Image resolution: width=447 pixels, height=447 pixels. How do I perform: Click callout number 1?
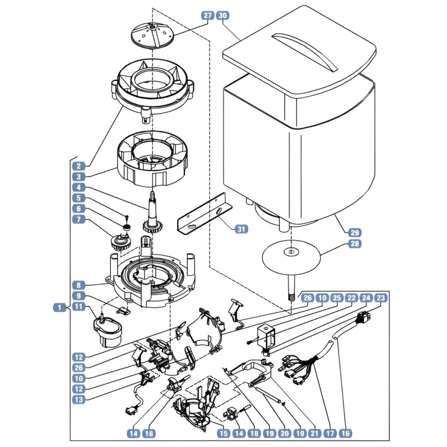click(59, 307)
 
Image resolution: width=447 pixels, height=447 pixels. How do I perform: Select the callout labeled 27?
click(207, 16)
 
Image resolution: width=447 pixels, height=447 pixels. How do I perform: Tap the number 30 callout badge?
click(222, 16)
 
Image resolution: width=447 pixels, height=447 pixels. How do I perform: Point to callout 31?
click(241, 229)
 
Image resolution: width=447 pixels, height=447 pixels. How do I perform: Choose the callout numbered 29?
click(354, 232)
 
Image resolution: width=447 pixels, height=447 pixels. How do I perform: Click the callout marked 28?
click(354, 244)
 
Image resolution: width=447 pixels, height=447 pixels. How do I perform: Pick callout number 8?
click(79, 285)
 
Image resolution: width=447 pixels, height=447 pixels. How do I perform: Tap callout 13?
click(79, 400)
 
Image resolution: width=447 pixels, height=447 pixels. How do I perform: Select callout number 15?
click(223, 434)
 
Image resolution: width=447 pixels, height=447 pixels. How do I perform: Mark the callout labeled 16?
click(345, 434)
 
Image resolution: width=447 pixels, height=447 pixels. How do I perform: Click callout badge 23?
click(381, 298)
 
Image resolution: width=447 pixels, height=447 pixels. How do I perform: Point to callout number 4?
click(79, 188)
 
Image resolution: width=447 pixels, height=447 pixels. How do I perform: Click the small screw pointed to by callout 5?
click(127, 217)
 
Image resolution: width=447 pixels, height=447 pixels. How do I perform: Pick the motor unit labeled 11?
click(107, 331)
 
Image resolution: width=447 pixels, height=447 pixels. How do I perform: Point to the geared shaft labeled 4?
click(153, 214)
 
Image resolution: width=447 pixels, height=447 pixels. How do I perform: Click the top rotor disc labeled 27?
click(152, 36)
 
